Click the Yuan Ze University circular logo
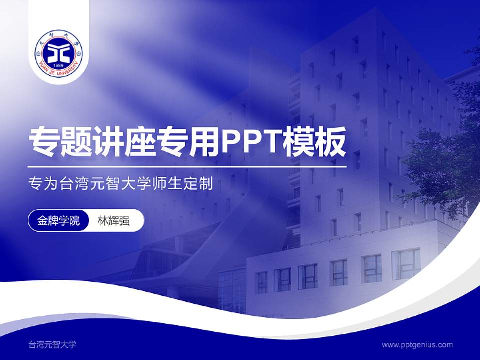(59, 52)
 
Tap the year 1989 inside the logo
(59, 65)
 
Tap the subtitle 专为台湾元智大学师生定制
(121, 184)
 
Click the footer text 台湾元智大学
(52, 344)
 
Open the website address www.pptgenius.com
(417, 344)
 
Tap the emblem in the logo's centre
(59, 50)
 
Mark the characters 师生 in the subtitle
(167, 184)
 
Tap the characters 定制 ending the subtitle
(198, 184)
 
